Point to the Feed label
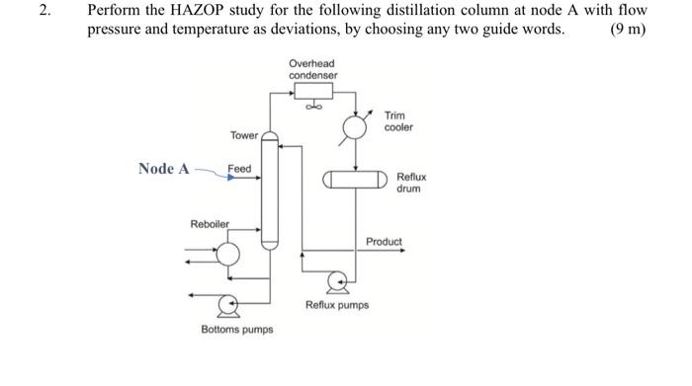pos(239,169)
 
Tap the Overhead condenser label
pos(312,69)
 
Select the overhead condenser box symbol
pos(312,92)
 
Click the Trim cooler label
pos(397,121)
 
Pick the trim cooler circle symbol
pos(353,128)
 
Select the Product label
pos(385,241)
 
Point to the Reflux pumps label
pos(337,306)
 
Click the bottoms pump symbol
pos(230,302)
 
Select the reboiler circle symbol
pos(228,254)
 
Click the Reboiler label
pos(210,224)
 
